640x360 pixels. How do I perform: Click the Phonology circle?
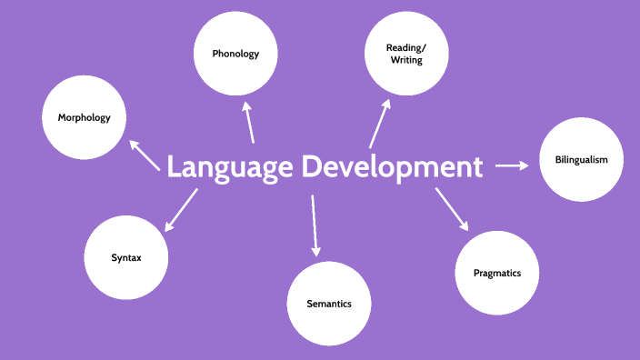pos(235,54)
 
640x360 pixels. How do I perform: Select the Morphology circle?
pos(84,117)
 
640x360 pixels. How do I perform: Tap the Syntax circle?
pos(126,258)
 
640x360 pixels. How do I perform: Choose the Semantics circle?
pos(329,303)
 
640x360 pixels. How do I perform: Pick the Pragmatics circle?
pos(497,273)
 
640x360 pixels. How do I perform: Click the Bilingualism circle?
pos(582,160)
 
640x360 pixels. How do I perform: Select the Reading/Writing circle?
pos(405,54)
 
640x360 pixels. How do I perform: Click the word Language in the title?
pos(230,167)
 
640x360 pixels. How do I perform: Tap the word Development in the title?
pos(392,167)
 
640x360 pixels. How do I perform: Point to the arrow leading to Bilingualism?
pos(511,165)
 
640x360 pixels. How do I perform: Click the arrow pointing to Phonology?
pos(248,124)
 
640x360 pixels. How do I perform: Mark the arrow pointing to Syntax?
pos(180,207)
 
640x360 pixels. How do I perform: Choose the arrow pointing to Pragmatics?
pos(452,209)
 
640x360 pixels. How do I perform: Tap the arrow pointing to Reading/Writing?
pos(379,124)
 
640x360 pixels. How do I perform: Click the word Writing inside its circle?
pos(405,61)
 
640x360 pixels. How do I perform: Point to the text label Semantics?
pos(329,304)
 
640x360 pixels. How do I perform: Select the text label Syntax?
pos(126,258)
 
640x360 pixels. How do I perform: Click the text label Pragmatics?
pos(497,273)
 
